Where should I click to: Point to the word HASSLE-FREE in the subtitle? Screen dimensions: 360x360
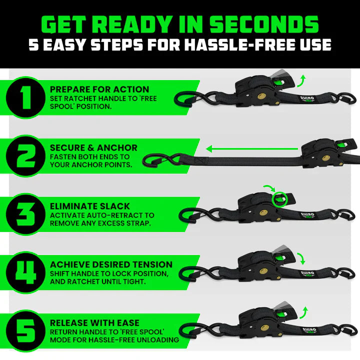(x=227, y=45)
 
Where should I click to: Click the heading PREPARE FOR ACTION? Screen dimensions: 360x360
(x=99, y=89)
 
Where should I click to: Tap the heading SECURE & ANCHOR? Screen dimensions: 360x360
(x=93, y=148)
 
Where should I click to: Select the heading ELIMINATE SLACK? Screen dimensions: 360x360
(x=90, y=206)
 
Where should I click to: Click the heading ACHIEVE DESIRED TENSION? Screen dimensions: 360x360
(x=111, y=264)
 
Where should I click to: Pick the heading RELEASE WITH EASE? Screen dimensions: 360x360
(x=95, y=322)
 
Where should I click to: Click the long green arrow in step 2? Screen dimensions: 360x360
(x=252, y=148)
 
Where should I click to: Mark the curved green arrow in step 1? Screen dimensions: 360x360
(x=300, y=78)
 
